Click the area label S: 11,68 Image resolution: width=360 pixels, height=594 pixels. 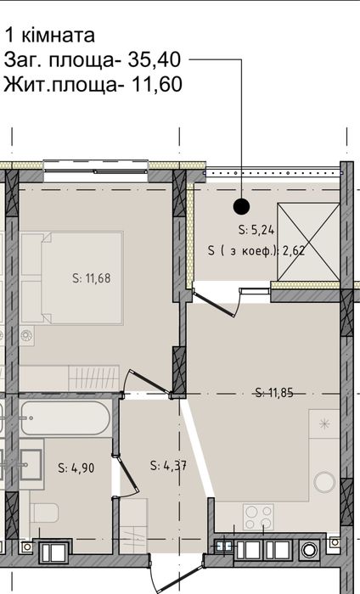click(x=92, y=278)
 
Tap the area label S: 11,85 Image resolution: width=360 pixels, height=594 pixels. click(x=274, y=392)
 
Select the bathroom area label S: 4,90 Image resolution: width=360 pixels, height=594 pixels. click(x=76, y=468)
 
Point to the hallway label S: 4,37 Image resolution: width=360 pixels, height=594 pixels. click(x=168, y=465)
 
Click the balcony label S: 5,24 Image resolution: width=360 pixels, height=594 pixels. click(x=256, y=230)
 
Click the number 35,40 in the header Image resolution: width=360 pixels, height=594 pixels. click(x=155, y=60)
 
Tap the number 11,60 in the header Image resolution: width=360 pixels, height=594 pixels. click(x=156, y=85)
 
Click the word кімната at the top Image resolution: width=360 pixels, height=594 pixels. click(x=58, y=36)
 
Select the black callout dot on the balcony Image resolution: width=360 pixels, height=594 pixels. click(x=241, y=206)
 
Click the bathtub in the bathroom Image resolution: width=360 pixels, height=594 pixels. click(x=65, y=418)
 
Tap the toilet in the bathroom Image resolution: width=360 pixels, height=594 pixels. click(x=44, y=513)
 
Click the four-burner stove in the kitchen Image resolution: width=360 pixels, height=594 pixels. click(x=258, y=517)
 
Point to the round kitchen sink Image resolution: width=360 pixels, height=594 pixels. click(x=324, y=481)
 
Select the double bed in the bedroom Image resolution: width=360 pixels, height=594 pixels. click(x=72, y=278)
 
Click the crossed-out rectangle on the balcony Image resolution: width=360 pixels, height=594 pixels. click(x=308, y=242)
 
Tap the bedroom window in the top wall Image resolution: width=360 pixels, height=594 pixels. click(x=95, y=171)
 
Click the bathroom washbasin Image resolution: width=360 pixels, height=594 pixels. click(x=31, y=464)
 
